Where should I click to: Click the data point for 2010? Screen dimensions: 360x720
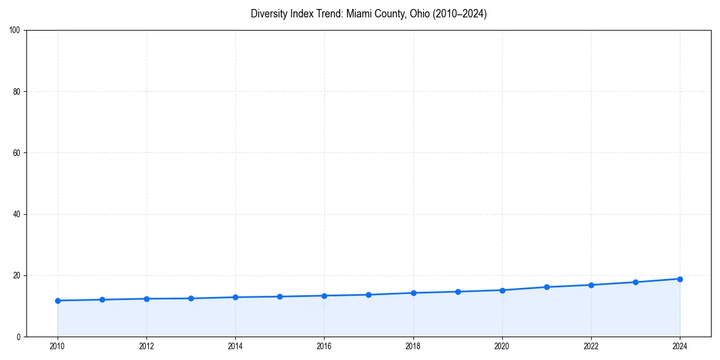pyautogui.click(x=58, y=301)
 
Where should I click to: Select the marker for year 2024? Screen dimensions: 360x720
pyautogui.click(x=680, y=279)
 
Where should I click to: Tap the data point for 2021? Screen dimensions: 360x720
pyautogui.click(x=547, y=287)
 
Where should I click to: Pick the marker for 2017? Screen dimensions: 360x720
pyautogui.click(x=368, y=295)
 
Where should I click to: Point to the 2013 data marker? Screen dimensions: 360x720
pyautogui.click(x=191, y=298)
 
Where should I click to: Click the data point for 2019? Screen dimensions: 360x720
pyautogui.click(x=458, y=292)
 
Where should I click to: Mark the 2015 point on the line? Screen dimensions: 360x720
pyautogui.click(x=280, y=296)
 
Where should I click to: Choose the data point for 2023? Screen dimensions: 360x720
pyautogui.click(x=635, y=282)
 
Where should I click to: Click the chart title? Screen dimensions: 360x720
pyautogui.click(x=368, y=14)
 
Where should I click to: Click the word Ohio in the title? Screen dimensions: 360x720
pyautogui.click(x=418, y=14)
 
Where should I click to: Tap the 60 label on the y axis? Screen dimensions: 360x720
pyautogui.click(x=17, y=153)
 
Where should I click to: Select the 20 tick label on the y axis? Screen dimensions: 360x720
pyautogui.click(x=17, y=275)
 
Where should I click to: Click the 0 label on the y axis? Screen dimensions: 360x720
pyautogui.click(x=19, y=337)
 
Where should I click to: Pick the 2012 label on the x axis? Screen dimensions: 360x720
pyautogui.click(x=146, y=346)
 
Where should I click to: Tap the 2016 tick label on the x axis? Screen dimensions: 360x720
pyautogui.click(x=324, y=346)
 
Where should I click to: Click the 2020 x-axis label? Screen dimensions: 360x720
pyautogui.click(x=502, y=346)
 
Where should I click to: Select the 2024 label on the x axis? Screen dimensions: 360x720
pyautogui.click(x=680, y=346)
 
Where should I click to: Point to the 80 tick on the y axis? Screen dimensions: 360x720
pyautogui.click(x=17, y=91)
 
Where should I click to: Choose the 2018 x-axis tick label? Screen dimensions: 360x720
pyautogui.click(x=413, y=346)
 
